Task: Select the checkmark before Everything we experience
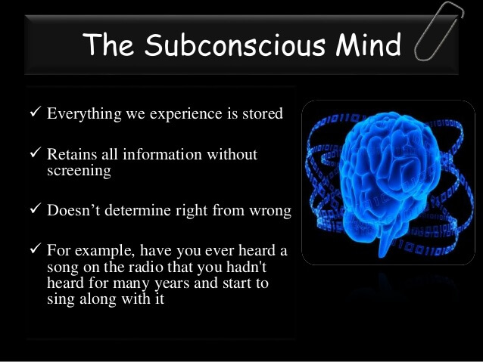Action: pyautogui.click(x=34, y=113)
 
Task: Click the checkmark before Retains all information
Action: pyautogui.click(x=34, y=154)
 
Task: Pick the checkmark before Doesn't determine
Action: pyautogui.click(x=34, y=211)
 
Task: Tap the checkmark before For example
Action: pyautogui.click(x=34, y=249)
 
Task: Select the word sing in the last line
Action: pyautogui.click(x=60, y=299)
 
